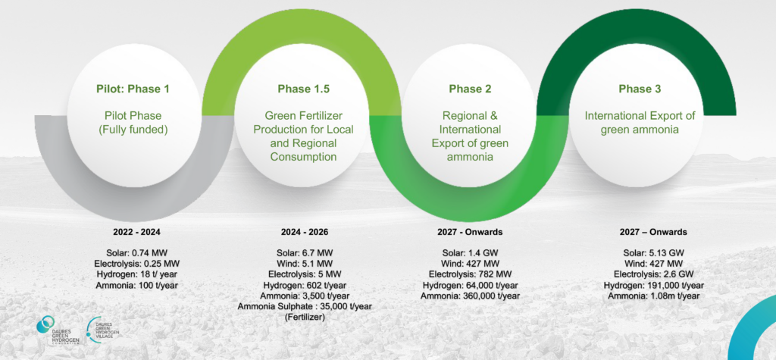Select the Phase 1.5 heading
304,89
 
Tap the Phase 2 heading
470,89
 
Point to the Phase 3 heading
640,89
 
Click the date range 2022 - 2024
136,232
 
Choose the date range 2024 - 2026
304,232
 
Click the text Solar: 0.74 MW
136,251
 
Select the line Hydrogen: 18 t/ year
136,274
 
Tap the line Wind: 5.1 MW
304,262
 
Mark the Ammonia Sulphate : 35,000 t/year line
305,306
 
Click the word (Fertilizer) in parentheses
305,318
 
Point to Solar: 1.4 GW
470,251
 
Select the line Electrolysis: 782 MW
470,274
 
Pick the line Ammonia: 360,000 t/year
470,296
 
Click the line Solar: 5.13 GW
653,251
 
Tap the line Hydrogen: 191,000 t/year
653,285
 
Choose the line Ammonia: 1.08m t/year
653,296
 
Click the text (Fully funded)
133,130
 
